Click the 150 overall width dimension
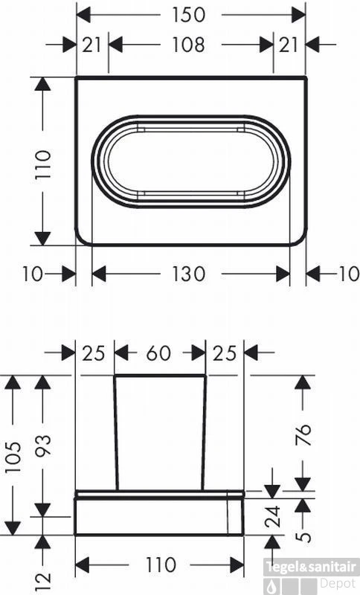click(190, 14)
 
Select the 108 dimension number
click(190, 45)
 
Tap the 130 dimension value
click(189, 274)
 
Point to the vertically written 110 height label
click(42, 164)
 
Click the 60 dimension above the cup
click(159, 353)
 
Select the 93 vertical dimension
click(43, 446)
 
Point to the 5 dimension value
click(303, 534)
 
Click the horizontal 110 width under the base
click(160, 565)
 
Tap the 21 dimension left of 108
click(92, 45)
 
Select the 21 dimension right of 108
click(289, 45)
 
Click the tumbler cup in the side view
click(160, 431)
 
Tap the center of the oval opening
click(191, 161)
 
